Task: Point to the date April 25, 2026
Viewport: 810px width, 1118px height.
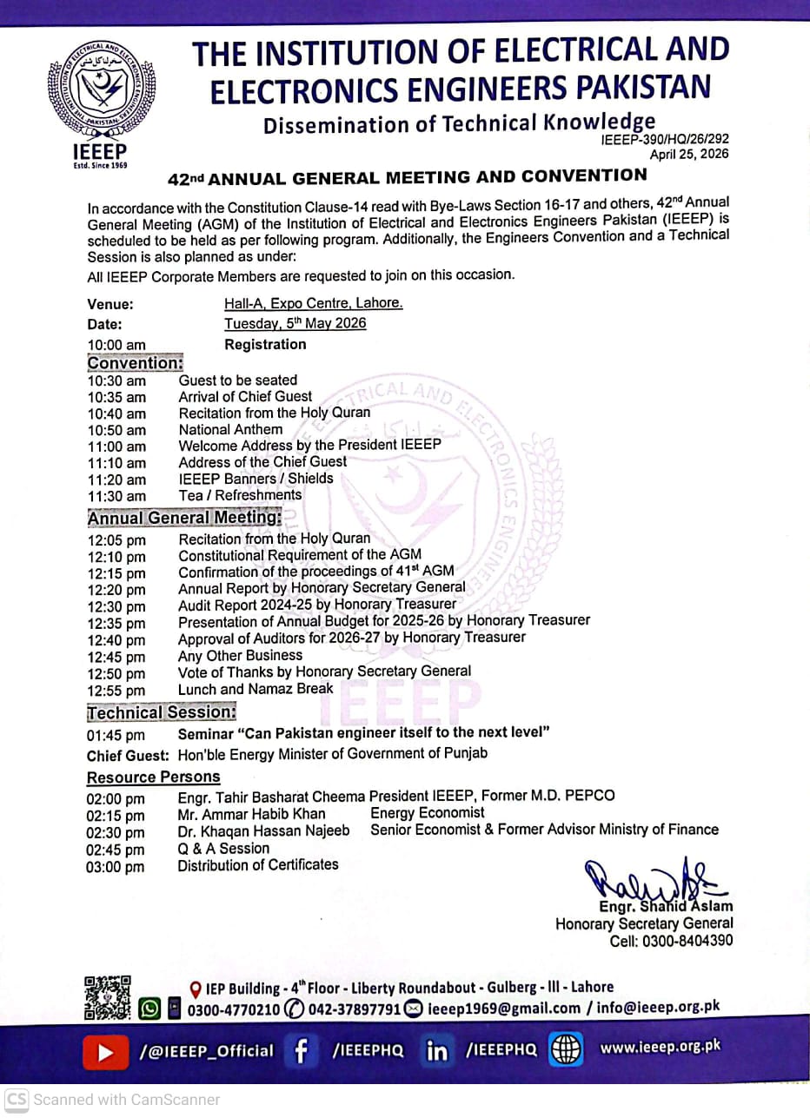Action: (689, 155)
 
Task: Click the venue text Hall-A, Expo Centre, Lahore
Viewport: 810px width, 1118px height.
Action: (313, 304)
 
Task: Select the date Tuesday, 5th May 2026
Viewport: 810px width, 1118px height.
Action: (295, 324)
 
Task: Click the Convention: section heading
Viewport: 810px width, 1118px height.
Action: (135, 363)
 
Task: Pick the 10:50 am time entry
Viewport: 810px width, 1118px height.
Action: (116, 431)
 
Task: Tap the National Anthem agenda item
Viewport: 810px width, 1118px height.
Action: (230, 430)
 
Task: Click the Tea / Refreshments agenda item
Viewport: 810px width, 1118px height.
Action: (240, 495)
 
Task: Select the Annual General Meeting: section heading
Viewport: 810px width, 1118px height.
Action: (184, 518)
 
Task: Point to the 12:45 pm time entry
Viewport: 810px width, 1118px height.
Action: (116, 658)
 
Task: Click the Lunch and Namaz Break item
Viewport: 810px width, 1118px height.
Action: (256, 689)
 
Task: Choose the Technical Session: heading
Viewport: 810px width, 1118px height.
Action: (162, 713)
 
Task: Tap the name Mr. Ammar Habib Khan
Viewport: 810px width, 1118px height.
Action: (252, 814)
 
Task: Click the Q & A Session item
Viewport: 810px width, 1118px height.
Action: (223, 848)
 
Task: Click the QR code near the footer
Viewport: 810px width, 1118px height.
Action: (108, 997)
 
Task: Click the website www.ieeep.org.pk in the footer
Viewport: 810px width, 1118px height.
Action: (661, 1048)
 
